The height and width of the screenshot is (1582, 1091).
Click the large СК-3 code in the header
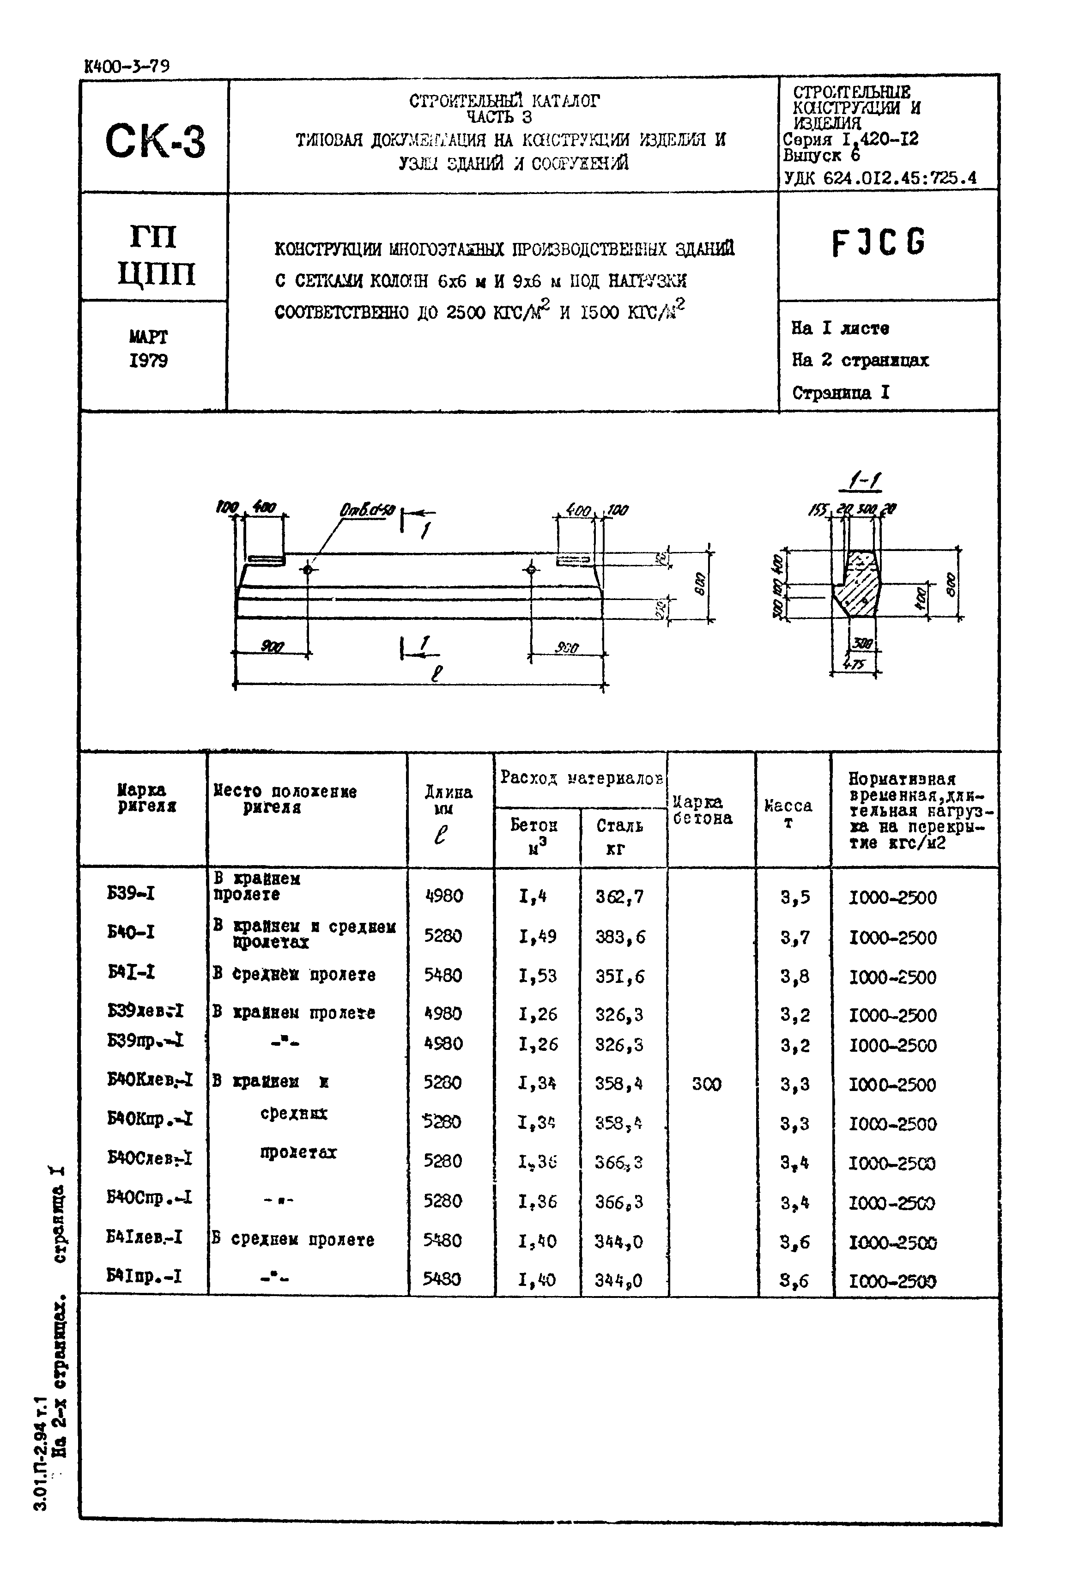(155, 141)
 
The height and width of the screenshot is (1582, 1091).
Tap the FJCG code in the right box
(879, 242)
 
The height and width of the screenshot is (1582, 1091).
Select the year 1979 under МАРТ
(148, 360)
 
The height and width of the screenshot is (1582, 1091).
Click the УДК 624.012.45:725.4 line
(880, 178)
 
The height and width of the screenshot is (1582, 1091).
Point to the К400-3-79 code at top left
(127, 67)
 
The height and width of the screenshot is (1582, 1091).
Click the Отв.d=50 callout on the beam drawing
(367, 510)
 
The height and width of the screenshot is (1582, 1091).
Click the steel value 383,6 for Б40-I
(619, 936)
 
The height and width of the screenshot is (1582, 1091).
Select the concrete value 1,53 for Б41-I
(537, 976)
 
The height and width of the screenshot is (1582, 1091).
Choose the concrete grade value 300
(706, 1084)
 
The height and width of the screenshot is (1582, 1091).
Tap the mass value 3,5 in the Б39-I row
(795, 896)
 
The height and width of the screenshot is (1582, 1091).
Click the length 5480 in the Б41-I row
(443, 975)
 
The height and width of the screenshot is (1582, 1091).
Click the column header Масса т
(788, 813)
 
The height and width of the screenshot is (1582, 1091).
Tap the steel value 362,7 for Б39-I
(619, 896)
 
